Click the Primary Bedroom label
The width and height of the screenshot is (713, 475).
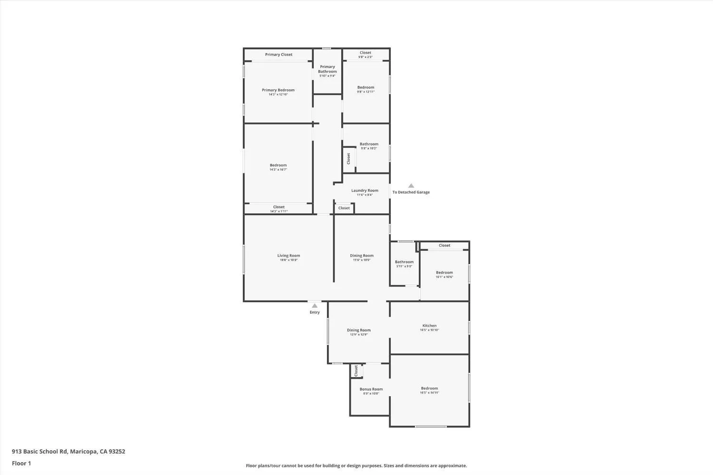tap(278, 90)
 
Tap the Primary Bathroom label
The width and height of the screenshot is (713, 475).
tap(328, 69)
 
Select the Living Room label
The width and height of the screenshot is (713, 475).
tap(289, 256)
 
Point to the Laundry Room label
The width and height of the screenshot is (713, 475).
tap(365, 190)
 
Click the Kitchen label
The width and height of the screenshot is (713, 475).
tap(429, 326)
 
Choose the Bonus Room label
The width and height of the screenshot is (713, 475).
tap(371, 389)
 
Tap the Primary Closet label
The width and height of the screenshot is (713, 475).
tap(279, 55)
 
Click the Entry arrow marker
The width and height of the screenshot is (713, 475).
tap(315, 306)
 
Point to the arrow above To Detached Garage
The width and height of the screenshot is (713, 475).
tap(411, 186)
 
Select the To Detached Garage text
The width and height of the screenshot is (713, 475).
tap(411, 192)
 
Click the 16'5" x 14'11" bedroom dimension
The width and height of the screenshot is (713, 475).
tap(429, 393)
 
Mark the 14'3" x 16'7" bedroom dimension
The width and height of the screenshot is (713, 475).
tap(278, 170)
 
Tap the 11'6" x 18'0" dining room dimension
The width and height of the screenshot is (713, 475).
tap(362, 260)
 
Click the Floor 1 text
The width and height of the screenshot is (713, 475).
tap(21, 463)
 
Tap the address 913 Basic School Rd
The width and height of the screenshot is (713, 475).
tap(68, 452)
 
